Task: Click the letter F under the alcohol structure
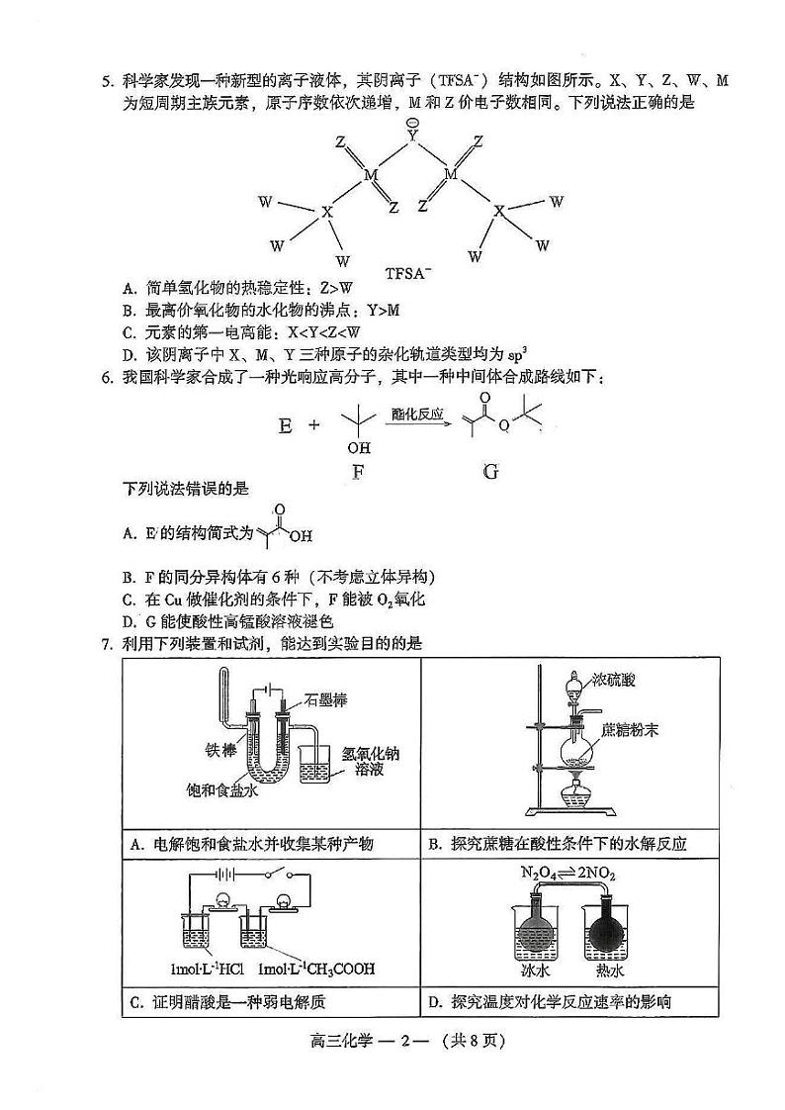point(358,472)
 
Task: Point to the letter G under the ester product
point(491,472)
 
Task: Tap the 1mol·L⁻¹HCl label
point(212,969)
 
